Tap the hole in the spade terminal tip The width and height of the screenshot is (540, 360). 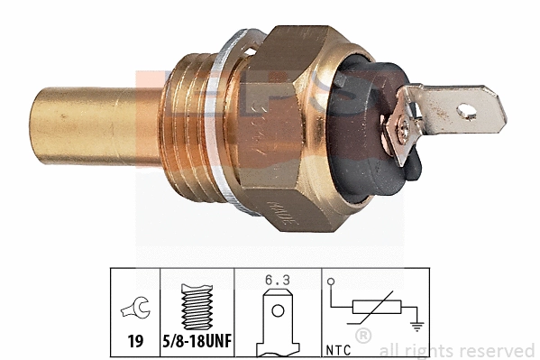pos(467,111)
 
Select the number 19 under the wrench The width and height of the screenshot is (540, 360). pos(133,342)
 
